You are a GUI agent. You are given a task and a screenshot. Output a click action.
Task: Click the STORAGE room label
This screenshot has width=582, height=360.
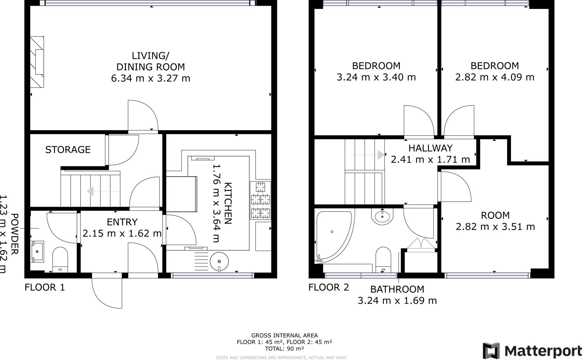coord(68,150)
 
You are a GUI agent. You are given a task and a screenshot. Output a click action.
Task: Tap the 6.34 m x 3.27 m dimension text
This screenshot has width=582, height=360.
coord(151,78)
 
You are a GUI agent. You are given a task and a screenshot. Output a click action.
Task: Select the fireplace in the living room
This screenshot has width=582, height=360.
coord(37,62)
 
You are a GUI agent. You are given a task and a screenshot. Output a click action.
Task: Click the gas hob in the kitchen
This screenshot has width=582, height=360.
coord(260,200)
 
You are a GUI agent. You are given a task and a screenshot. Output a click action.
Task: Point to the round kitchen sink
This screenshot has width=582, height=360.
coord(219,261)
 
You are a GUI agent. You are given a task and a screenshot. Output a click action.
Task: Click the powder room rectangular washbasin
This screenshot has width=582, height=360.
coord(37,251)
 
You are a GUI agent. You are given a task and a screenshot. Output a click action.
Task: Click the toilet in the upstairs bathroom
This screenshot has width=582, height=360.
coord(383,259)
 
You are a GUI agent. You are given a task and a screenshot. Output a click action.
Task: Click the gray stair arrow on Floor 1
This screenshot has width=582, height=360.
coord(90,191)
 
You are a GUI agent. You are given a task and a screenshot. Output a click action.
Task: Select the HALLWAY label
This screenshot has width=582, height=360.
coord(430,148)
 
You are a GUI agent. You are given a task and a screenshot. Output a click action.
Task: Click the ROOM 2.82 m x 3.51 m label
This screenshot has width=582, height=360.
coord(495,221)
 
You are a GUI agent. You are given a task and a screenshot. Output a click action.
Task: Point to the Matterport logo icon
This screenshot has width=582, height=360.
coord(491,351)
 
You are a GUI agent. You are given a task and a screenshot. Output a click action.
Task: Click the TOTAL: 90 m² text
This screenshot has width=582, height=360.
coord(284,349)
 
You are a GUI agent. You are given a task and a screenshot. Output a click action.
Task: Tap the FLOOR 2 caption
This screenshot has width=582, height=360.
coord(329,287)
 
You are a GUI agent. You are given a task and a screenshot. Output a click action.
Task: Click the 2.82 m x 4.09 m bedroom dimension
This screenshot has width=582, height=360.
coord(495,77)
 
